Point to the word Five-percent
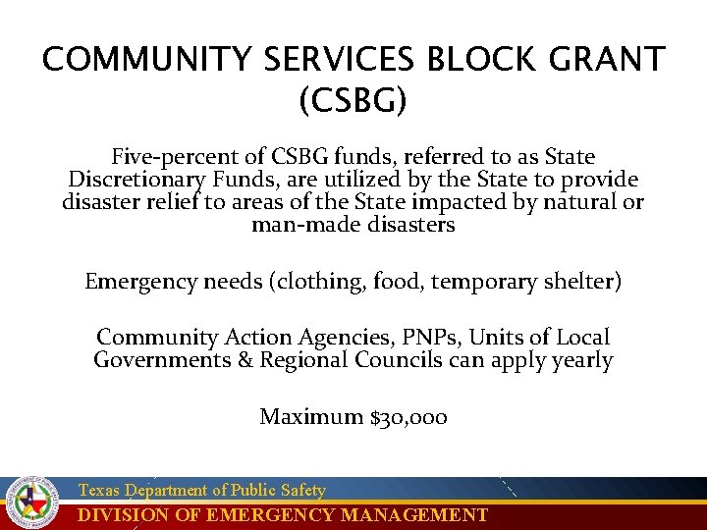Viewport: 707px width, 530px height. click(x=168, y=157)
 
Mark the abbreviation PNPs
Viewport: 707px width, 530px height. click(x=428, y=337)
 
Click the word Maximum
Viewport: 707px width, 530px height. click(x=310, y=417)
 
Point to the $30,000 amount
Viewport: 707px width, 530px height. click(x=408, y=417)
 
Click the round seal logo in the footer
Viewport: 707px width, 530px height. click(x=33, y=503)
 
